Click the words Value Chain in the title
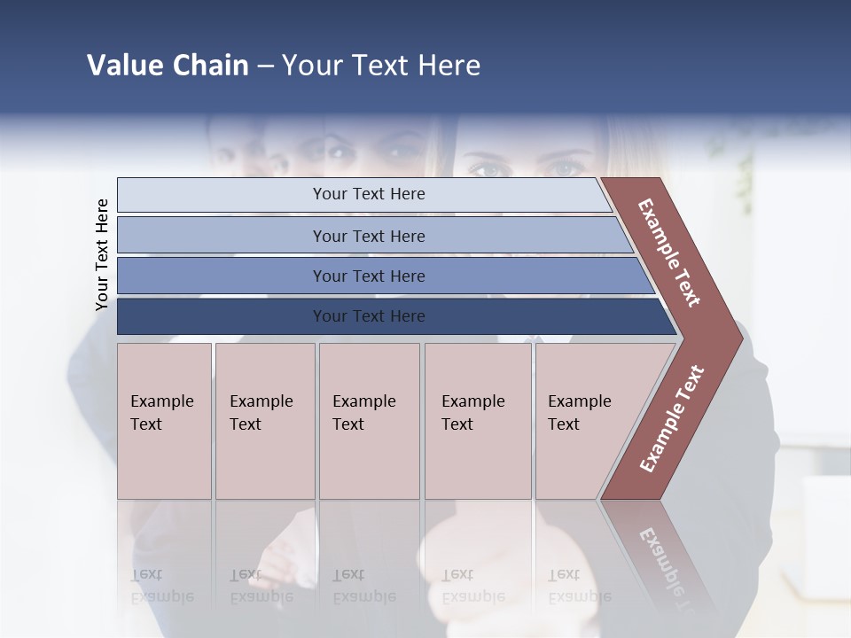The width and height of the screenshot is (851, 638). pyautogui.click(x=168, y=66)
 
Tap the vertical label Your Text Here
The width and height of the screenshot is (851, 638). pyautogui.click(x=102, y=254)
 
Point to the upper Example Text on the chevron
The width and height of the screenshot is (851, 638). pyautogui.click(x=669, y=253)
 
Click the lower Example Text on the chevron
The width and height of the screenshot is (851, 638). pyautogui.click(x=672, y=418)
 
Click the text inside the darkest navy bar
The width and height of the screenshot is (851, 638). pyautogui.click(x=369, y=316)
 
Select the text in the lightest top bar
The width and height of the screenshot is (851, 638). pyautogui.click(x=369, y=194)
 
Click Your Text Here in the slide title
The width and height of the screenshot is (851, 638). pyautogui.click(x=381, y=66)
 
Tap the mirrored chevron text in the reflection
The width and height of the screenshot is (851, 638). pyautogui.click(x=665, y=563)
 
